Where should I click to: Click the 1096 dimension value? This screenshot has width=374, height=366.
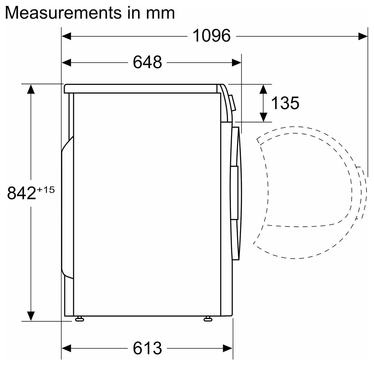211,36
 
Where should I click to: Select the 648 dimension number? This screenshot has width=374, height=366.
147,63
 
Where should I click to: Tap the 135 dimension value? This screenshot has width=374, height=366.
285,103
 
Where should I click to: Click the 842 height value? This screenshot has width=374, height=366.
21,193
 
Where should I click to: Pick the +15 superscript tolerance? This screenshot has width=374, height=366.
46,190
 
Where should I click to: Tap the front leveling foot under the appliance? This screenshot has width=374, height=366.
208,319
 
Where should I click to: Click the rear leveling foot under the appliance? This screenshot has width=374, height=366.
79,319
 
